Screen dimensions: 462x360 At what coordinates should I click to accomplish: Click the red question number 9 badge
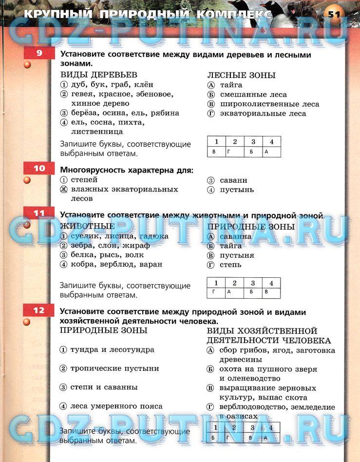coord(39,54)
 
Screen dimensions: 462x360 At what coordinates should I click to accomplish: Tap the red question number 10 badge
coord(39,169)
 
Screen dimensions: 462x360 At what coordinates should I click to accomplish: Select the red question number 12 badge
coord(39,310)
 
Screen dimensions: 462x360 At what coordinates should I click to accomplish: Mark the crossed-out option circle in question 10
coord(63,189)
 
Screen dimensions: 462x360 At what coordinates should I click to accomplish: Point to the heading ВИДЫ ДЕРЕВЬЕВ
coord(99,75)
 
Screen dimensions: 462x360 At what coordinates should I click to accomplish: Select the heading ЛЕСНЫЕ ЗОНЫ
coord(241,75)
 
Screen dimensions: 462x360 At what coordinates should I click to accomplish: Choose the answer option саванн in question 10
coord(233,180)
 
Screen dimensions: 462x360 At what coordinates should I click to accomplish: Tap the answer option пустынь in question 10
coord(236,190)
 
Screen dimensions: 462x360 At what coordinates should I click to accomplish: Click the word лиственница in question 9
coord(97,131)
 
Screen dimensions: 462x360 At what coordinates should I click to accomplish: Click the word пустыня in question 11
coord(237,255)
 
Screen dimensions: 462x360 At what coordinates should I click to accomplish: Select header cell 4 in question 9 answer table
coord(271,142)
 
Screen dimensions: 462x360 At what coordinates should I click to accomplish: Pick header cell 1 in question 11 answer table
coord(216,283)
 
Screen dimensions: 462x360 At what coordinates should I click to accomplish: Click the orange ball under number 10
coord(27,180)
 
